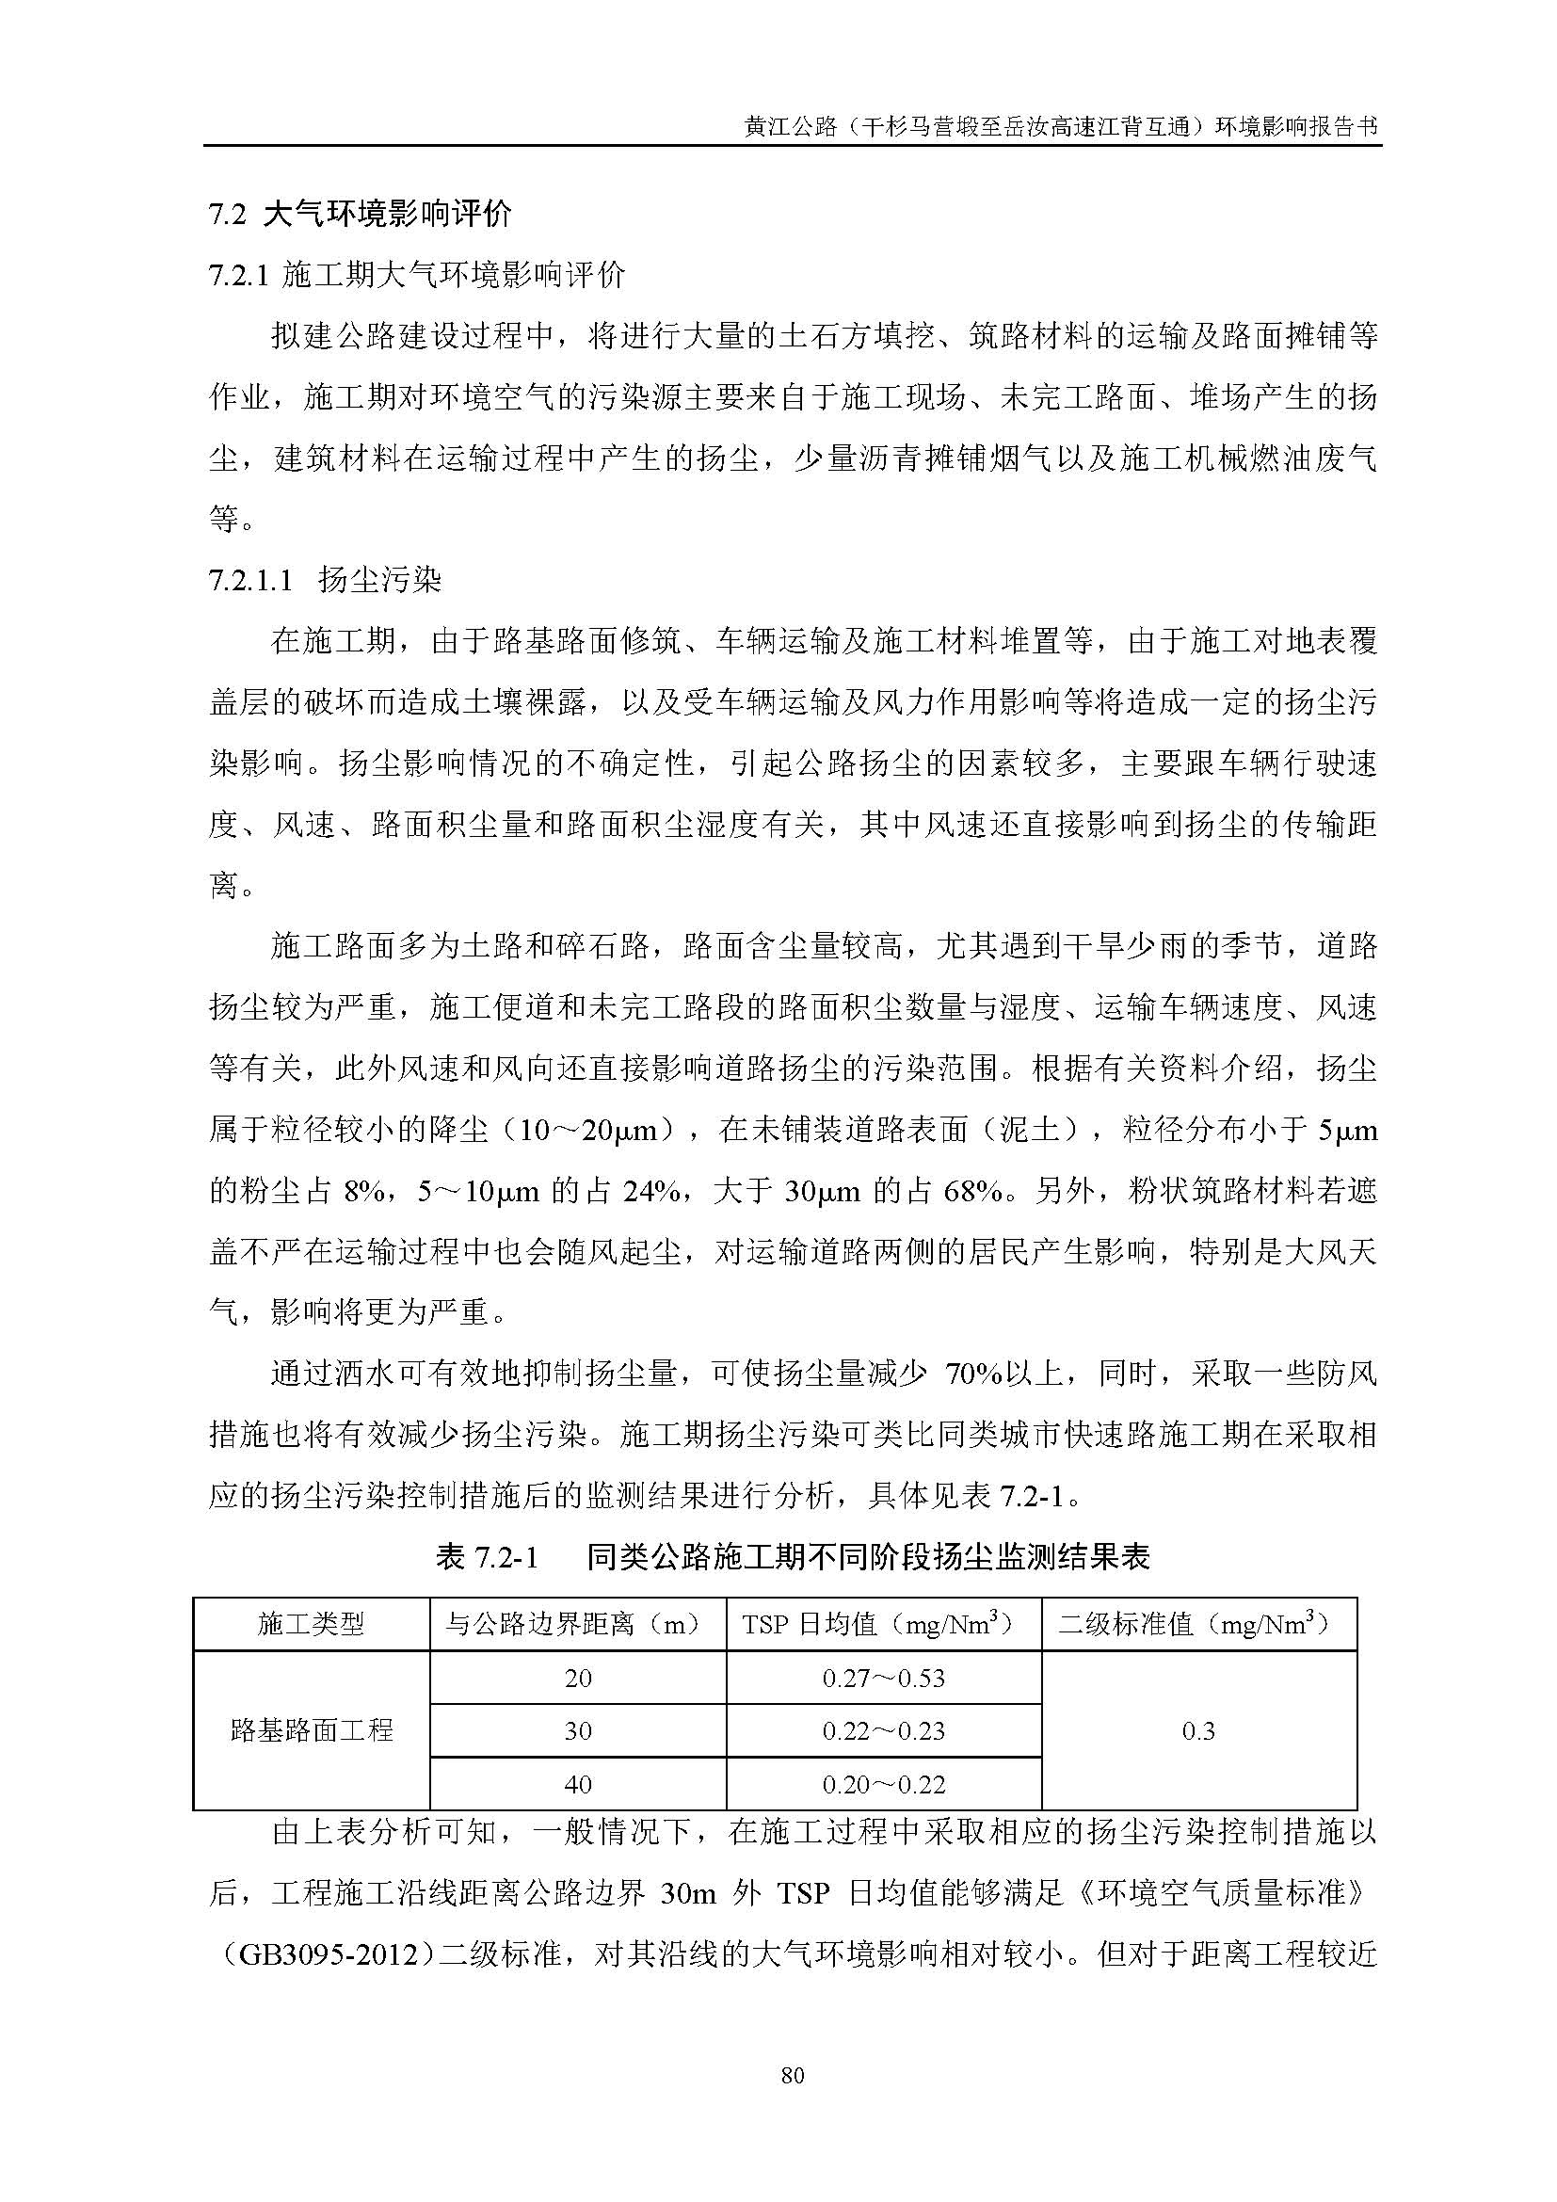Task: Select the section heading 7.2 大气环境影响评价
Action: [x=361, y=213]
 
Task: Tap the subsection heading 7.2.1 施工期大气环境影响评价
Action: [x=417, y=275]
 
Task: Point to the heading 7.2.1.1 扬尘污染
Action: [x=325, y=579]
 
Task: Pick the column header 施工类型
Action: [x=312, y=1624]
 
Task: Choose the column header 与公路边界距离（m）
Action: [x=577, y=1624]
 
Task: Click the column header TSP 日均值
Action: [x=883, y=1624]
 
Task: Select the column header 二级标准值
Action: [x=1198, y=1624]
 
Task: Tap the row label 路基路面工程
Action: [x=312, y=1730]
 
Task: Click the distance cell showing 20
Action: [x=578, y=1679]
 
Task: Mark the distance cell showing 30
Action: [x=578, y=1730]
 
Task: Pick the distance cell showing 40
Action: [x=578, y=1784]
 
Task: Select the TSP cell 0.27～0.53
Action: [x=883, y=1679]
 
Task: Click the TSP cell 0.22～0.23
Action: [x=883, y=1730]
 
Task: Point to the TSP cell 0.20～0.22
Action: [x=883, y=1784]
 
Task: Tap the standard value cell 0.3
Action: [x=1198, y=1730]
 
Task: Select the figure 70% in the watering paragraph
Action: [x=973, y=1374]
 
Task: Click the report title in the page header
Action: [x=1061, y=126]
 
